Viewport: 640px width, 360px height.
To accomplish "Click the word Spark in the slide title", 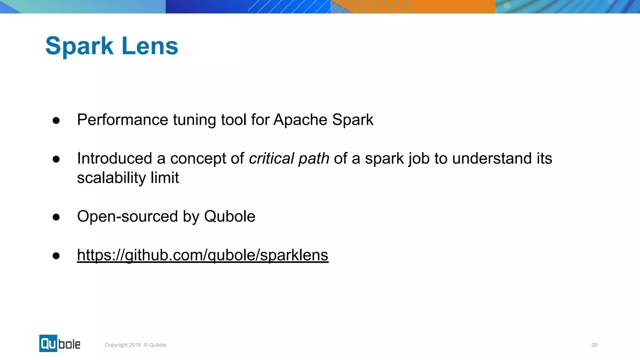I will [x=79, y=46].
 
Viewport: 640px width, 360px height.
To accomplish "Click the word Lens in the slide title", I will [x=150, y=46].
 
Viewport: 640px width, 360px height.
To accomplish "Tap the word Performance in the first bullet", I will [x=122, y=120].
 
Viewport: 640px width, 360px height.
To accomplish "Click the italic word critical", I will [x=271, y=158].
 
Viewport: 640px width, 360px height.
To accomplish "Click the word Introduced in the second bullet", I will [x=114, y=158].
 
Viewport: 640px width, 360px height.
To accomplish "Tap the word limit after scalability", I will [x=165, y=178].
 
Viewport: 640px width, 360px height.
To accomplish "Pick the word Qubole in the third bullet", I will [x=229, y=217].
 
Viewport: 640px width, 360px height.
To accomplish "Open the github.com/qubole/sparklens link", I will [x=202, y=255].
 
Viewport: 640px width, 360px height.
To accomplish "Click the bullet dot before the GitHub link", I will [x=56, y=256].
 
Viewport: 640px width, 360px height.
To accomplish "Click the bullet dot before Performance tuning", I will [x=56, y=121].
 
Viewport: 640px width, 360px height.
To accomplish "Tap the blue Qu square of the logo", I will [x=48, y=343].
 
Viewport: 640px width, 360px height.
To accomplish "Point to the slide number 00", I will [x=594, y=345].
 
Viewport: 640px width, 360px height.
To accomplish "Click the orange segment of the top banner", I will [x=444, y=6].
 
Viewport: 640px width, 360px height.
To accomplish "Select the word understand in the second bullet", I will [x=492, y=158].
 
